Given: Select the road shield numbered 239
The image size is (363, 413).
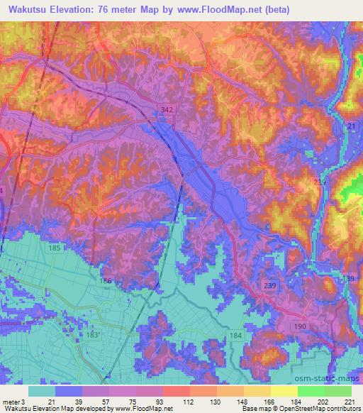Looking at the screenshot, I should (269, 285).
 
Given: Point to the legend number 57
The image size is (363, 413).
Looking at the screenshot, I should (96, 401).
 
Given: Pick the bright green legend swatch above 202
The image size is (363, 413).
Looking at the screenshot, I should (311, 391).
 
